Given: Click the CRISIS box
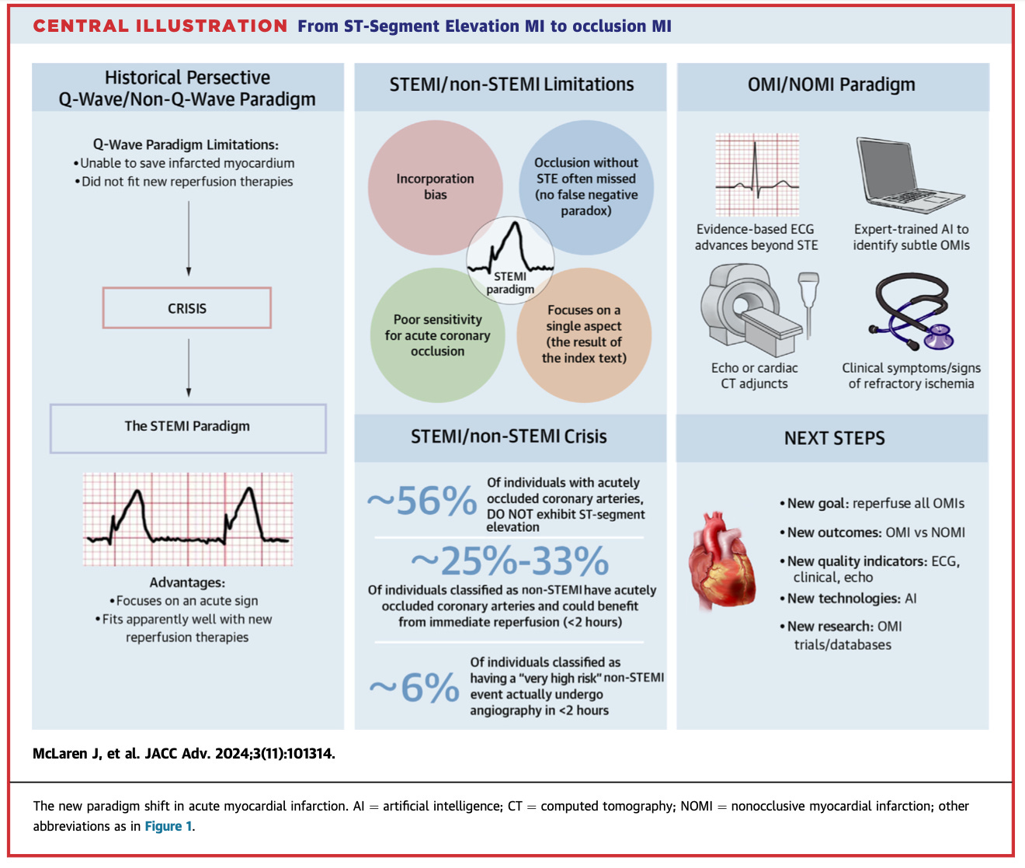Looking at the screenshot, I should (187, 308).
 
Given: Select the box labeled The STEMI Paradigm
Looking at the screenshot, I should (188, 427).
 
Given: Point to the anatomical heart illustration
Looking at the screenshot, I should (721, 559).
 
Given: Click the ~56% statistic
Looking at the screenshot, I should (422, 502).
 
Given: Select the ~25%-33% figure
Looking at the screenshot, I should (509, 561).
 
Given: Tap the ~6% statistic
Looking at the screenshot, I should (414, 688).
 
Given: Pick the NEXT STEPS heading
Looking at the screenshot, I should (834, 439).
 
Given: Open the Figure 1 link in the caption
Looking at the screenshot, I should (168, 826).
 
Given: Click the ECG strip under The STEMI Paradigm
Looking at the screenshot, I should (188, 519).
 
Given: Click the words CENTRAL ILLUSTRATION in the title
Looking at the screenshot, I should (160, 26).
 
